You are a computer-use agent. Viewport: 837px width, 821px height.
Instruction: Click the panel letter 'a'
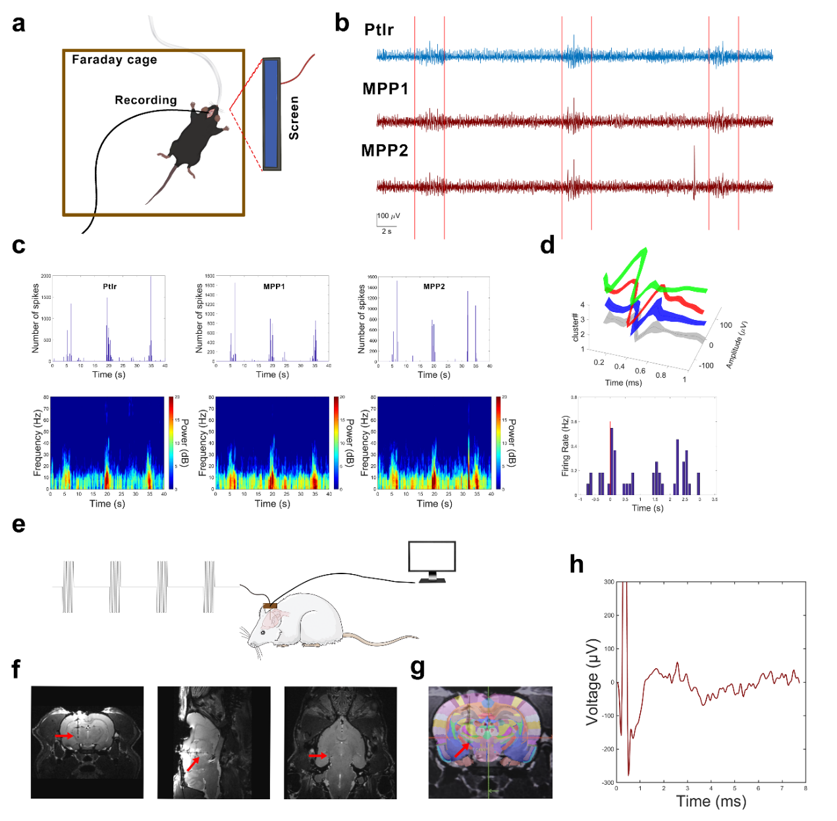click(x=19, y=24)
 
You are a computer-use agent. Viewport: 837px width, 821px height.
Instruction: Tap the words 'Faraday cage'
click(x=115, y=60)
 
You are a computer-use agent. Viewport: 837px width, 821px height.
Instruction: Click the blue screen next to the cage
click(x=271, y=113)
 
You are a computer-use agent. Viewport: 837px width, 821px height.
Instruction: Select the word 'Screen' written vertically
click(x=294, y=118)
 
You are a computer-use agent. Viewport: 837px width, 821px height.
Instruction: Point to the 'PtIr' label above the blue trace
click(x=379, y=30)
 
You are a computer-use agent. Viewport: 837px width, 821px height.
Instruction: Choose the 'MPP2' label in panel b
click(x=385, y=151)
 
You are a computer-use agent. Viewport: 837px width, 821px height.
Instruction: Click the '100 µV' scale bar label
click(x=389, y=216)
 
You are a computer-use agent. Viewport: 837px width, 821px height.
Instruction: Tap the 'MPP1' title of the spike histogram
click(x=274, y=286)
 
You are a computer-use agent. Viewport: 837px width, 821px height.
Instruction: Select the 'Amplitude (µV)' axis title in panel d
click(x=736, y=344)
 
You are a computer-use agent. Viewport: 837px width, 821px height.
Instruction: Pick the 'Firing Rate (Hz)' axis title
click(x=565, y=446)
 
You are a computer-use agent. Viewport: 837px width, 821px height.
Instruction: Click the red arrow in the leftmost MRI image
click(x=64, y=735)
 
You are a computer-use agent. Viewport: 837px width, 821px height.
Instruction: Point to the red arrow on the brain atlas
click(x=461, y=749)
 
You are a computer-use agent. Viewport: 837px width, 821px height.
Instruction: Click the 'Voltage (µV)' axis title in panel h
click(x=593, y=681)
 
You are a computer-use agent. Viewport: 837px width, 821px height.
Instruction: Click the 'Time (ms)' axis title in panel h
click(x=711, y=802)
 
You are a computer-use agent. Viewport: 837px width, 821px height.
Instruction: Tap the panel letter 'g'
click(x=418, y=668)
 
